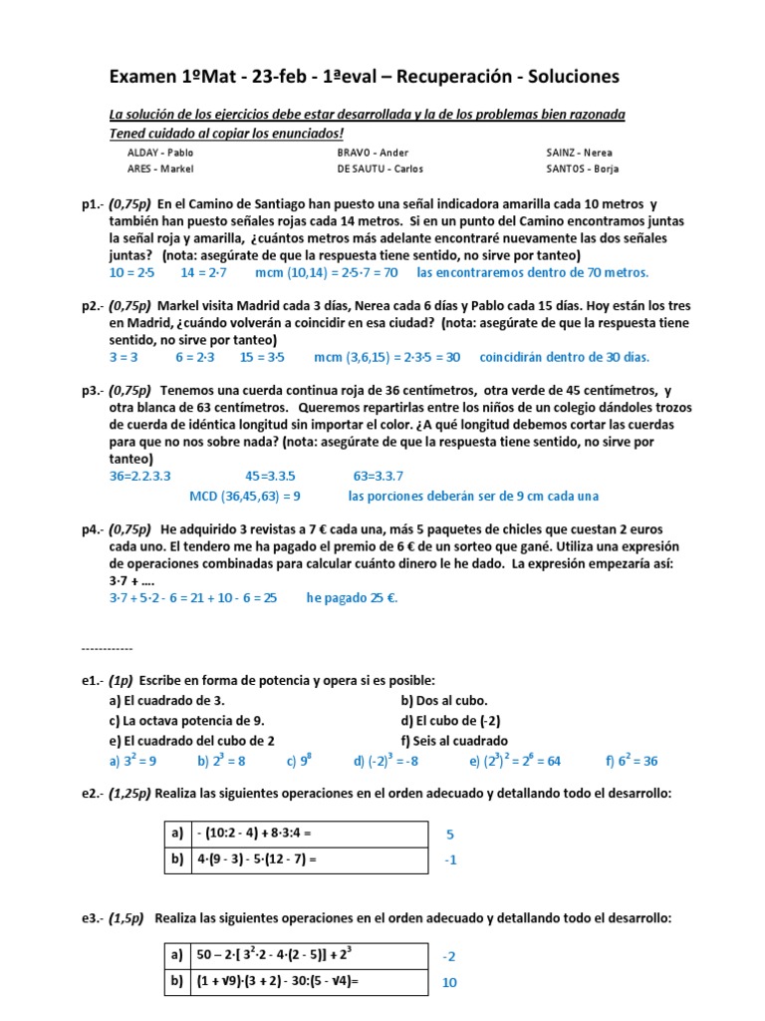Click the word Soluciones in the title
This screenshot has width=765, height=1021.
560,77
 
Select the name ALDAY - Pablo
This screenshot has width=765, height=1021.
160,153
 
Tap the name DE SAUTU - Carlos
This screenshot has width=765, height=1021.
374,169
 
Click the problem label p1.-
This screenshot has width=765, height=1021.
95,204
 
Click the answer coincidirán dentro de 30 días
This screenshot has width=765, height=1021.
564,356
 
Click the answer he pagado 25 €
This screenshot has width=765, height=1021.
352,598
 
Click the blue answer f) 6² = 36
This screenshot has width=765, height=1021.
631,761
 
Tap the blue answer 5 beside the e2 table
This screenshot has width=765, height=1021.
450,834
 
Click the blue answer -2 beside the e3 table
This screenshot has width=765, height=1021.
450,956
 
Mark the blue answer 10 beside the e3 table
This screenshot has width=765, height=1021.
450,982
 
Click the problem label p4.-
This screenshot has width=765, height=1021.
95,528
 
